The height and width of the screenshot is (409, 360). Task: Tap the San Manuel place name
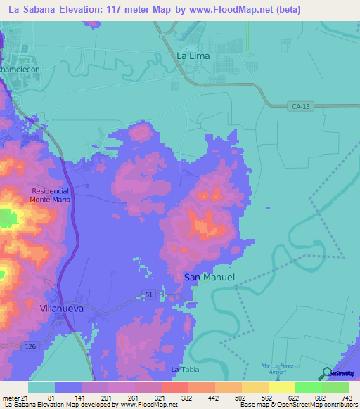209,277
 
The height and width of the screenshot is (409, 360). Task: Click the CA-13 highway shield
297,106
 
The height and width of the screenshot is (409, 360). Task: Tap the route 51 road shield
149,293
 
